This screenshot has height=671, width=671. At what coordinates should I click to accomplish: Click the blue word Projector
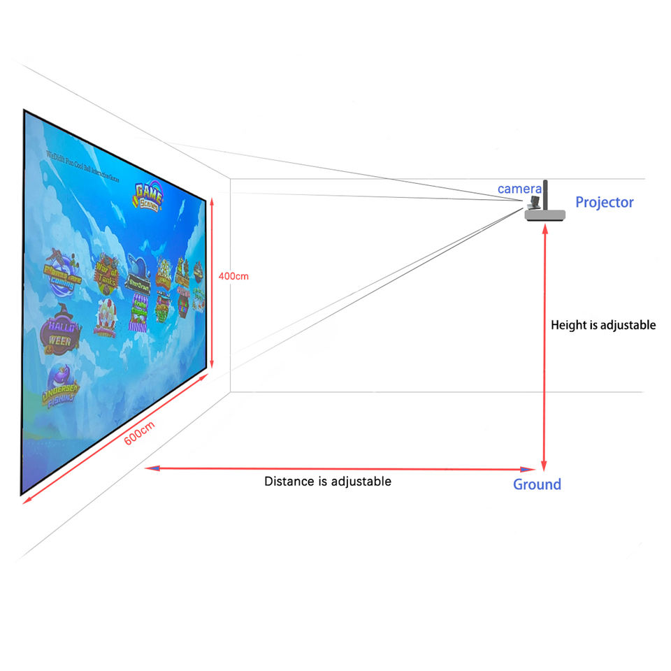604,203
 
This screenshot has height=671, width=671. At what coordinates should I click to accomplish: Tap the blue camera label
519,189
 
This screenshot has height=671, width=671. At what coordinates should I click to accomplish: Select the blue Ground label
537,484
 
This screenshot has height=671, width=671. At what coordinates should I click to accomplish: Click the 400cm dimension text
233,276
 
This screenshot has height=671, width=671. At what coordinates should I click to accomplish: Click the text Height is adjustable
603,325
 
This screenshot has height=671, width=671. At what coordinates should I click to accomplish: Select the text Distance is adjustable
327,482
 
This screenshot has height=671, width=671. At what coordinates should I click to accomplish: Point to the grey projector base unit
544,215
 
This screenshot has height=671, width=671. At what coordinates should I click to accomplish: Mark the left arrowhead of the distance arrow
149,468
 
